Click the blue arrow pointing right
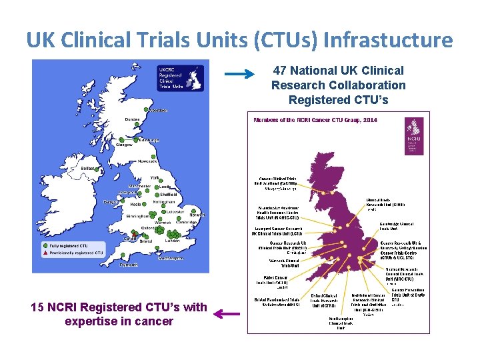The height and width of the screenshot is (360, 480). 238,75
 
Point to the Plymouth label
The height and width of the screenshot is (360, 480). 129,265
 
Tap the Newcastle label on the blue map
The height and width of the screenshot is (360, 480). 147,161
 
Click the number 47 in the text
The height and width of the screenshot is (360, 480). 281,70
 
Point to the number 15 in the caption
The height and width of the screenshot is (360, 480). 38,307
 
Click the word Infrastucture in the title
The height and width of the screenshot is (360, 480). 387,40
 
